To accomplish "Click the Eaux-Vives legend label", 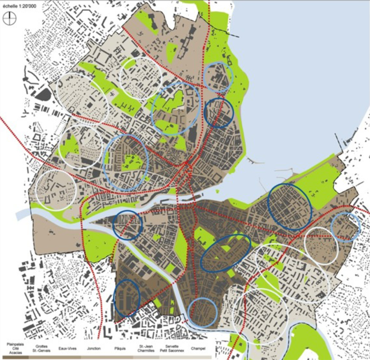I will pos(67,349).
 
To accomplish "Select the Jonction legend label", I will pos(93,349).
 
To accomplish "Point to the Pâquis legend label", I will pos(119,349).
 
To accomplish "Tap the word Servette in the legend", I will pos(172,346).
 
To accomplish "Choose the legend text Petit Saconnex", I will pos(172,350).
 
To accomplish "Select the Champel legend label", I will pos(199,349).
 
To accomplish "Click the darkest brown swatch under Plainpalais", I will pos(15,356).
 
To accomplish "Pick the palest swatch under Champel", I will pos(199,356).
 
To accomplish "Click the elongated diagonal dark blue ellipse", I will pos(226,253).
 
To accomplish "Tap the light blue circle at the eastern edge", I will pos(346,227).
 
